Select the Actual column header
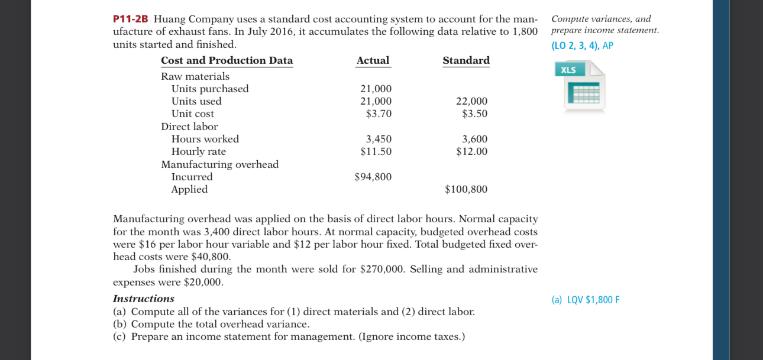(x=373, y=60)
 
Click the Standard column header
(x=466, y=60)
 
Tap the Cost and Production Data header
(x=227, y=60)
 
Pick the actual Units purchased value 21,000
(x=376, y=89)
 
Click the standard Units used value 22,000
(x=471, y=101)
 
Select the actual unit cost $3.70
(x=379, y=113)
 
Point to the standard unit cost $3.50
(x=474, y=113)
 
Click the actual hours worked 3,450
(x=379, y=139)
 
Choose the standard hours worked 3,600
(x=474, y=139)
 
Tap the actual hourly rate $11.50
(x=376, y=151)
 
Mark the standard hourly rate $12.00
(x=471, y=151)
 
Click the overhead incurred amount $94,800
(x=373, y=177)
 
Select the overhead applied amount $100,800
(x=466, y=189)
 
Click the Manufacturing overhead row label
(x=219, y=164)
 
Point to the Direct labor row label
(x=189, y=127)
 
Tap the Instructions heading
(x=143, y=299)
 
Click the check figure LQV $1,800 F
(x=585, y=300)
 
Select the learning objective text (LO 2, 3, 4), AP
(x=582, y=46)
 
